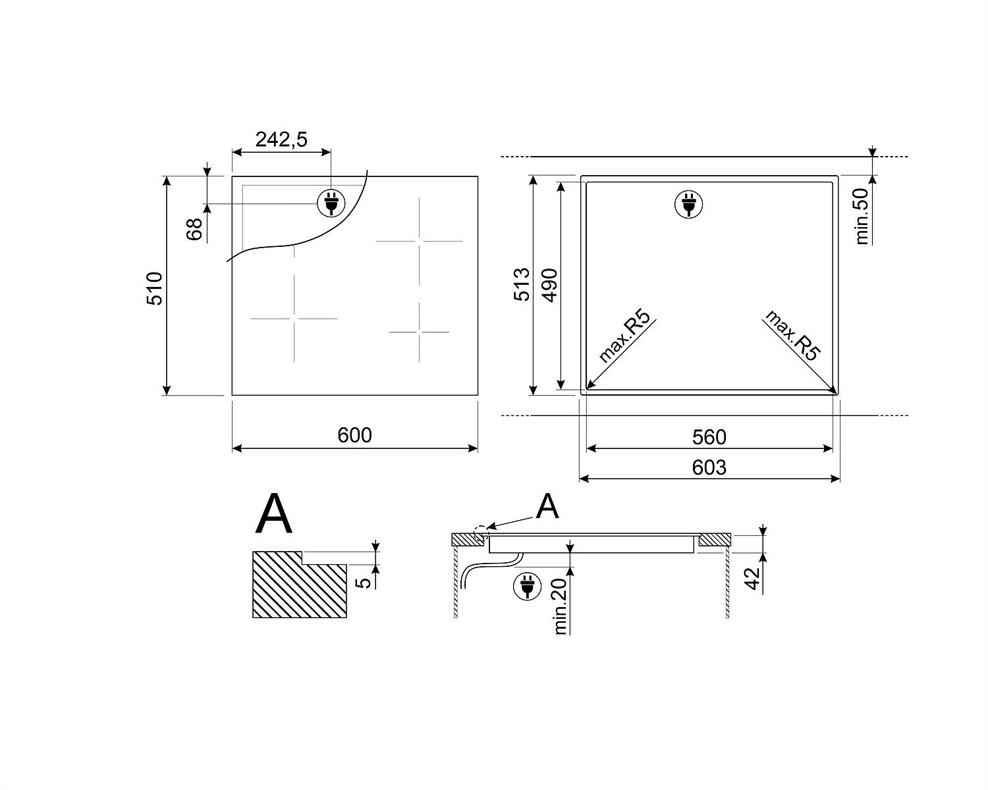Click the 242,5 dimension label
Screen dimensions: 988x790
click(x=281, y=139)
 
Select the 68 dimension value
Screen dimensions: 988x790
click(x=194, y=229)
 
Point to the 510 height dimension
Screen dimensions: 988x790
click(x=155, y=289)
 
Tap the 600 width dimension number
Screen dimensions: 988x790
click(x=354, y=435)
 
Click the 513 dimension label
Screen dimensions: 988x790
click(x=522, y=284)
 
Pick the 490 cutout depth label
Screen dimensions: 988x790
click(x=549, y=286)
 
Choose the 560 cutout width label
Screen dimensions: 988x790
click(x=709, y=437)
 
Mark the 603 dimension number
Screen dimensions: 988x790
click(x=709, y=467)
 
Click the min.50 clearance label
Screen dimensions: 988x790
click(x=862, y=216)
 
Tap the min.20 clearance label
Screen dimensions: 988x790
click(x=560, y=606)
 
